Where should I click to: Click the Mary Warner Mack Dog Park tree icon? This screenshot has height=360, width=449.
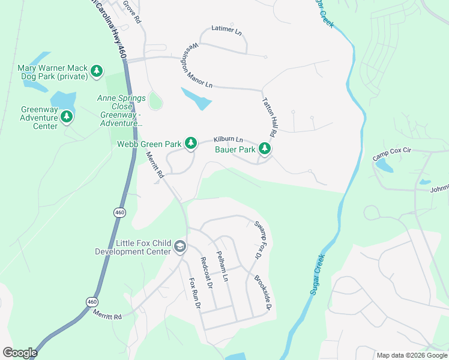click(97, 72)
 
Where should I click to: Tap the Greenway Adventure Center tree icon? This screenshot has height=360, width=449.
click(67, 116)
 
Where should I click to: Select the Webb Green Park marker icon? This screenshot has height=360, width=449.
click(191, 143)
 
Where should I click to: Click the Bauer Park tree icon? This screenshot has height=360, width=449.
click(264, 148)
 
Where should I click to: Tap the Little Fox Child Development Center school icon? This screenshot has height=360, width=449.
click(179, 247)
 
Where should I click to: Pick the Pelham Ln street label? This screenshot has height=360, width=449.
click(222, 266)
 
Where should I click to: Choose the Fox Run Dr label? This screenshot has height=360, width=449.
click(193, 293)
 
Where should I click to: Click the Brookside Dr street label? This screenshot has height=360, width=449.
click(263, 293)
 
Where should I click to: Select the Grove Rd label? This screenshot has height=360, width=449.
click(132, 12)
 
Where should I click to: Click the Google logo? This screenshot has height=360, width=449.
click(20, 353)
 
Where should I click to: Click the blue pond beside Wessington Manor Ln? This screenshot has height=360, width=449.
click(197, 98)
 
